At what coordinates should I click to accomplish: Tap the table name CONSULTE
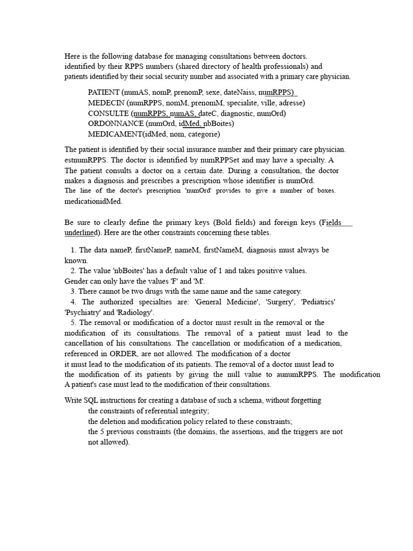click(x=109, y=114)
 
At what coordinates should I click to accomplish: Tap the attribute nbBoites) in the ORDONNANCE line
click(x=219, y=124)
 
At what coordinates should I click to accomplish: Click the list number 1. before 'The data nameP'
click(x=74, y=250)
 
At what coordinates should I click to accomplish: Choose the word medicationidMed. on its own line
click(x=94, y=201)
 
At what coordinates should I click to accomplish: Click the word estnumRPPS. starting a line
click(x=87, y=160)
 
